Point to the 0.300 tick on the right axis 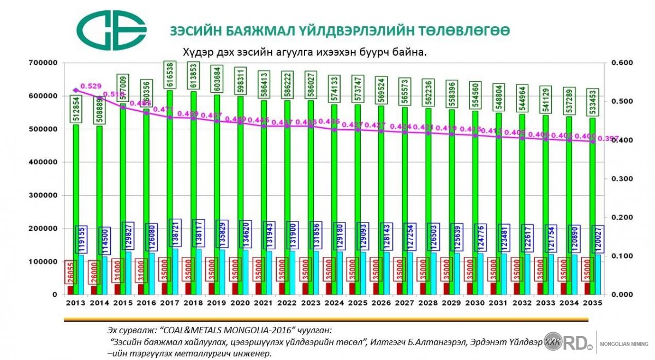[x=621, y=179]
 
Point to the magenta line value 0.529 [x=91, y=86]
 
